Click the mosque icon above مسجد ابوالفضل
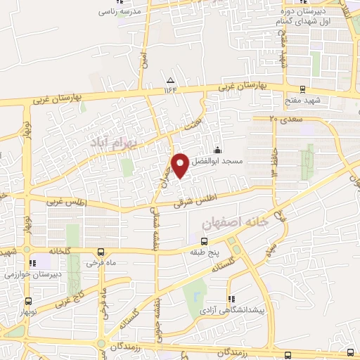coord(217,149)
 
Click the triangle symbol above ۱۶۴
coord(171,79)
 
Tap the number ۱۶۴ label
coord(171,89)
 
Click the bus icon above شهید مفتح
coord(303,90)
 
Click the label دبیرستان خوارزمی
coord(35,274)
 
